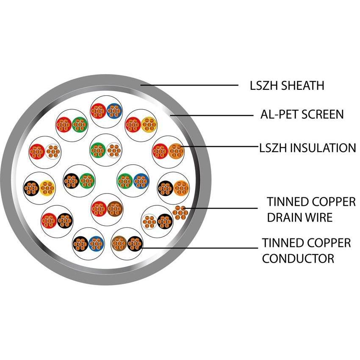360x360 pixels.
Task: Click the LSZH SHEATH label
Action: point(287,85)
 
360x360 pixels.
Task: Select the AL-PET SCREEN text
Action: point(302,114)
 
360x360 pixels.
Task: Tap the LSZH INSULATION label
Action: point(307,148)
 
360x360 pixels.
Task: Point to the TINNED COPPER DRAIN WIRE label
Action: point(311,210)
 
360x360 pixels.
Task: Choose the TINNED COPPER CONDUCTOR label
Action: point(306,250)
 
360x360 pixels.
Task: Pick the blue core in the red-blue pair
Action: point(114,111)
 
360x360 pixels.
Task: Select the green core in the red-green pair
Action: point(79,124)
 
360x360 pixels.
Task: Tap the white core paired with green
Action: point(113,150)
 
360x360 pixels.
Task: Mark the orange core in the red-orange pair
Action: point(175,150)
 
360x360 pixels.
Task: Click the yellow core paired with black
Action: point(47,187)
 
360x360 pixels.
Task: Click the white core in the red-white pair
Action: point(53,151)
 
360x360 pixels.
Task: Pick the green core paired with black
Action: point(87,181)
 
